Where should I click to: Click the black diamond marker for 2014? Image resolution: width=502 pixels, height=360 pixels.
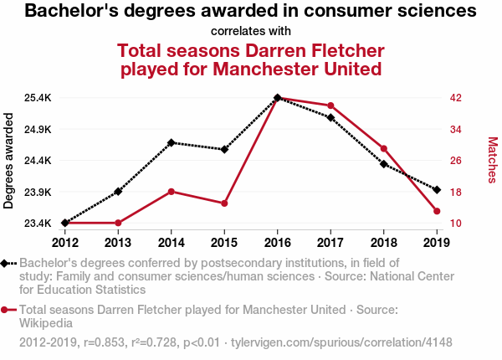coord(172,142)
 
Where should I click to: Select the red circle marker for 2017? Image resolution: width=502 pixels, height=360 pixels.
coord(331,105)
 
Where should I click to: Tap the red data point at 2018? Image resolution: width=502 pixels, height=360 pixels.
coord(384,148)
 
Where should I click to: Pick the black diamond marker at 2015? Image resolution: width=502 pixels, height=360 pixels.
coord(224,149)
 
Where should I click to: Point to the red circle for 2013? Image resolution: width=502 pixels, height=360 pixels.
coord(118,223)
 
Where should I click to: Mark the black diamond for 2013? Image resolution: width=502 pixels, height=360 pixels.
coord(118,192)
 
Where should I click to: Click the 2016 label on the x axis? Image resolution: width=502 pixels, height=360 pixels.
coord(278,243)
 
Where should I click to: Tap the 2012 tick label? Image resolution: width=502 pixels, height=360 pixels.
coord(64,243)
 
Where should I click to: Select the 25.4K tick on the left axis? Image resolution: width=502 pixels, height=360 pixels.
coord(37,98)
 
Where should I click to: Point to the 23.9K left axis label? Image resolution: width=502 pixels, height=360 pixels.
coord(37,192)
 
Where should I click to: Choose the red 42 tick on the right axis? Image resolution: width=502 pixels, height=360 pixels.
coord(456,98)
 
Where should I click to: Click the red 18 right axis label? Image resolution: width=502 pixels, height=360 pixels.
coord(456,192)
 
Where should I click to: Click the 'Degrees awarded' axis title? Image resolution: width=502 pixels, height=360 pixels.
coord(9,161)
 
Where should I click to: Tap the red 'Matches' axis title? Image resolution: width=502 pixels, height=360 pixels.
coord(492,161)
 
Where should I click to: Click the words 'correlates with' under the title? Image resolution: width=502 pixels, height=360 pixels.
coord(251,32)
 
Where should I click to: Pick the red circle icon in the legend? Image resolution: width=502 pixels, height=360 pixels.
coord(6,310)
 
